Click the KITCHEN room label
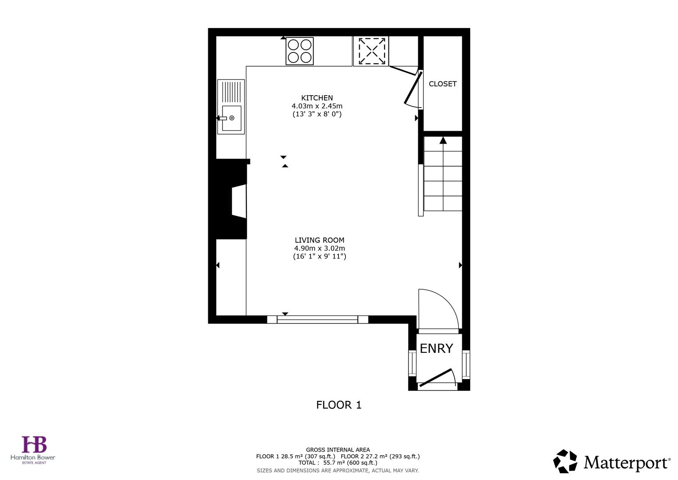point(317,98)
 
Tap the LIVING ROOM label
point(319,240)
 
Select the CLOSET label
point(442,84)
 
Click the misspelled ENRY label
point(436,348)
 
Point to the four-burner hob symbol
point(300,51)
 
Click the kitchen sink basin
point(231,118)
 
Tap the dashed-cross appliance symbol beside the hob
point(371,51)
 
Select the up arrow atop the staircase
point(443,140)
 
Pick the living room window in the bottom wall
point(317,319)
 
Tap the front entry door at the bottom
point(436,378)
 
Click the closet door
point(412,88)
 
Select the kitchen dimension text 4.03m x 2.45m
point(317,106)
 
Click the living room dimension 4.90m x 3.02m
point(319,248)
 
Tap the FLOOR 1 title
point(339,405)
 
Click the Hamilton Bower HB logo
point(34,445)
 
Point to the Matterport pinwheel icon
point(565,461)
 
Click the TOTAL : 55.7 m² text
point(337,463)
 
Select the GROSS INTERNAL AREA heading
point(337,450)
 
